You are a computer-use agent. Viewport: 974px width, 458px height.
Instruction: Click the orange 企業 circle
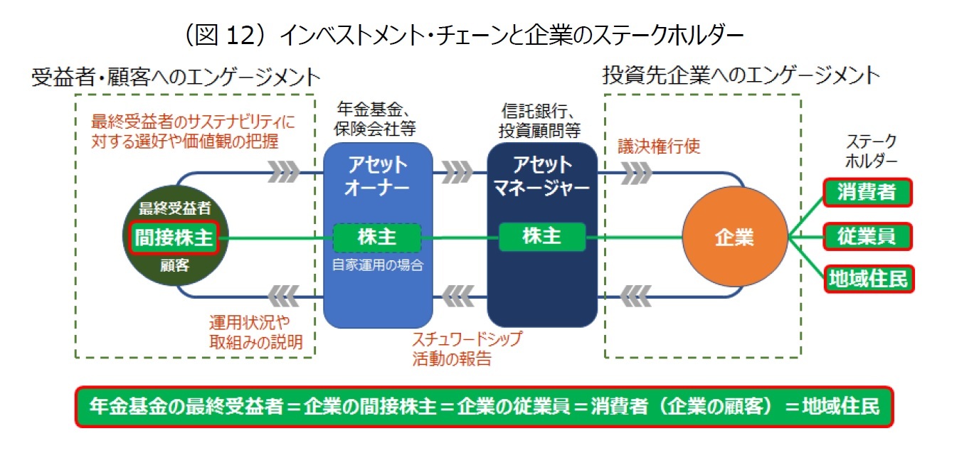(x=734, y=237)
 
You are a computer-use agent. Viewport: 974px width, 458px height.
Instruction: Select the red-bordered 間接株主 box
(x=174, y=238)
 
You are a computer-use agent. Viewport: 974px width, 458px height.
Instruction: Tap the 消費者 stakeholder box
(x=867, y=192)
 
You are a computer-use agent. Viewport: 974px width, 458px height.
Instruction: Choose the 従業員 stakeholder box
(x=867, y=236)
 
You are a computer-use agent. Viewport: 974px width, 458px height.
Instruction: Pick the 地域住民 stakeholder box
(x=867, y=279)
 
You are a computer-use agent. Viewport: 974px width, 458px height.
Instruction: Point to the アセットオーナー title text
(x=377, y=176)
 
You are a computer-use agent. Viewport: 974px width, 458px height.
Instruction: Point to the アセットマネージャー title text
(x=541, y=176)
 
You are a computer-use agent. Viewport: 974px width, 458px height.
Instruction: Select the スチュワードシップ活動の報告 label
(x=466, y=348)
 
